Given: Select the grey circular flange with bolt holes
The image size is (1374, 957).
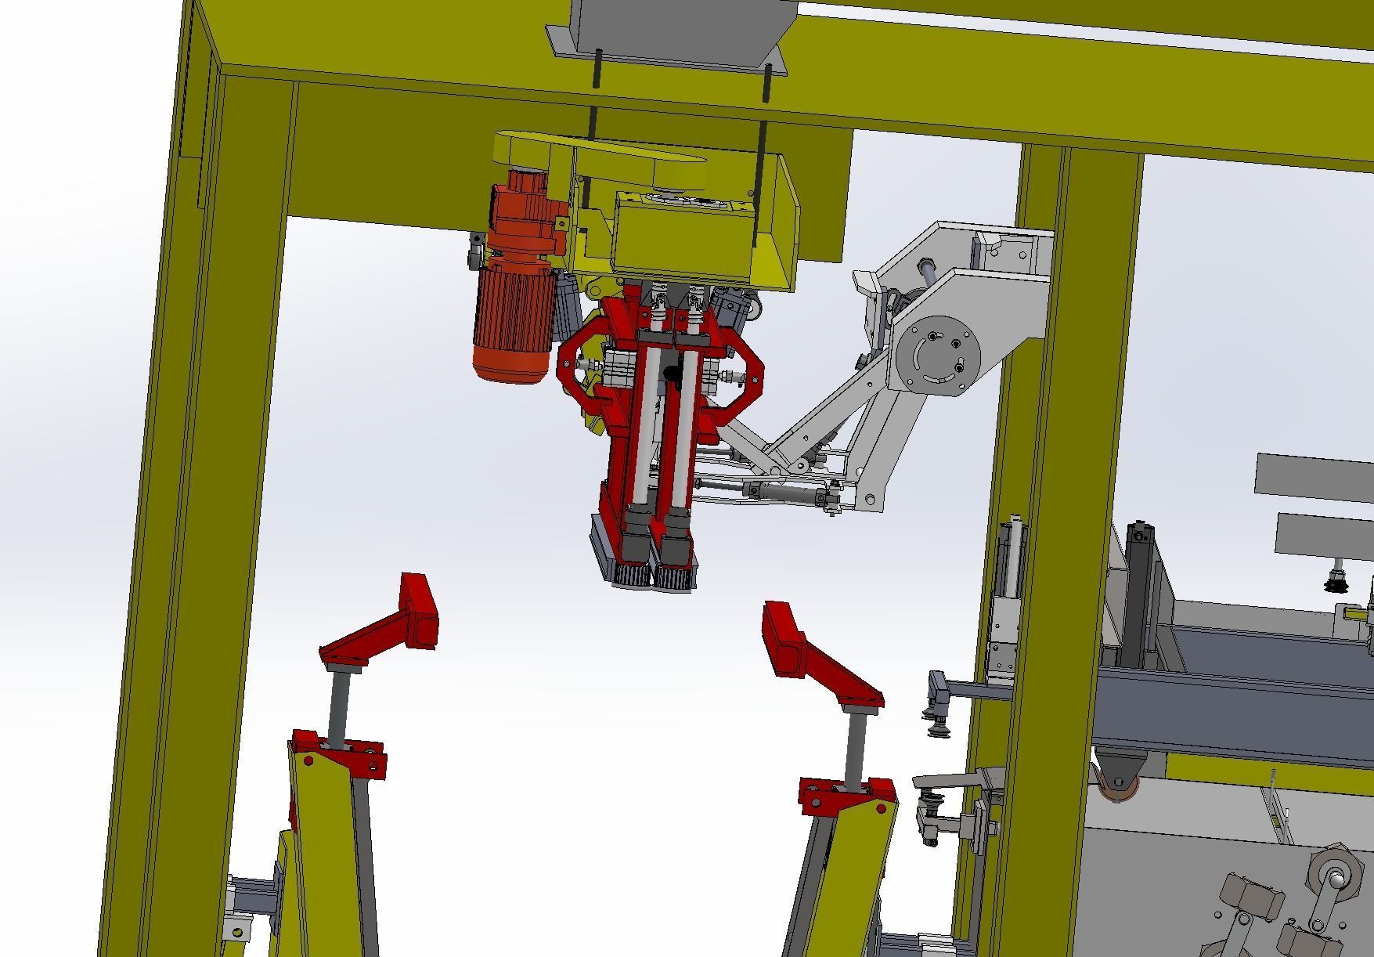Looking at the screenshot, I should (937, 354).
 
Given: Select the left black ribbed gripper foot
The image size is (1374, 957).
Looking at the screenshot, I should (633, 575).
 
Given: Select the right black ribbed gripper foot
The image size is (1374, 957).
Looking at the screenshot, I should (673, 578).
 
